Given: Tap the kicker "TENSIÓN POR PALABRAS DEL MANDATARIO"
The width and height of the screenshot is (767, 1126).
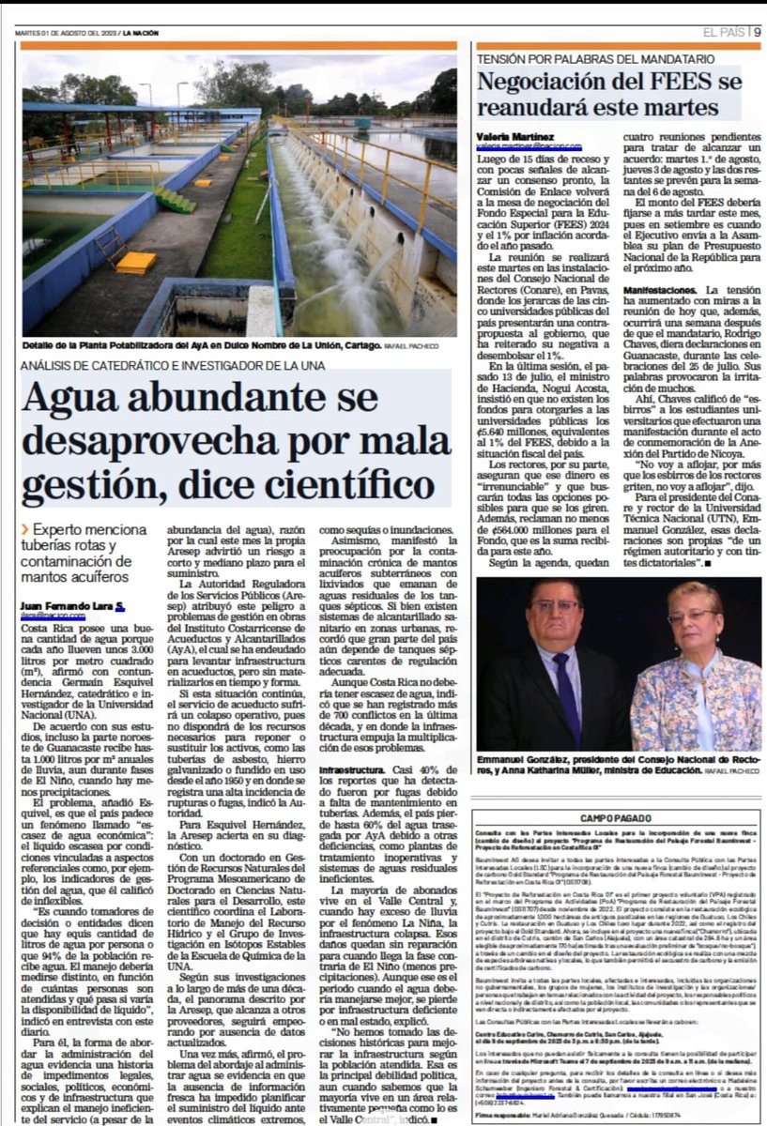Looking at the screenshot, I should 595,59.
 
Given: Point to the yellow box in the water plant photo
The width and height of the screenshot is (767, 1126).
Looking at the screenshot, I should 136,263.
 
